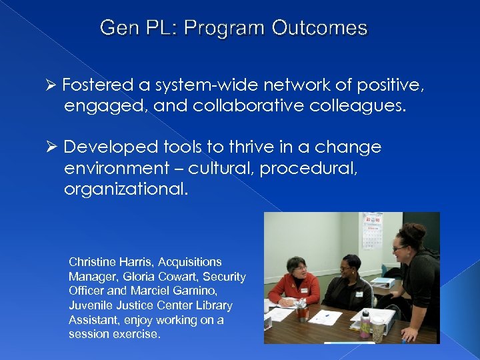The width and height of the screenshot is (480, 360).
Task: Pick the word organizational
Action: tap(126, 189)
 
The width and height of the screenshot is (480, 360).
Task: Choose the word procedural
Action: tap(309, 169)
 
